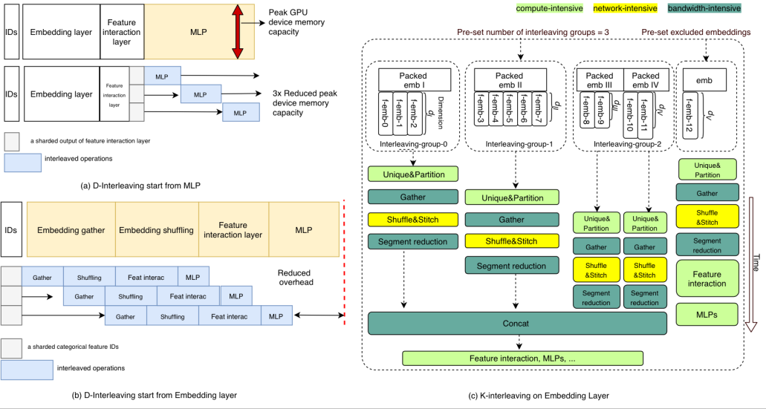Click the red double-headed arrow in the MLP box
pyautogui.click(x=238, y=31)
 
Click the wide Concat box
pyautogui.click(x=518, y=324)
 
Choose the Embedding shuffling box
pyautogui.click(x=155, y=230)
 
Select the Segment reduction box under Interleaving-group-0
pyautogui.click(x=413, y=241)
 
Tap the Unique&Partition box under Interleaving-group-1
pyautogui.click(x=511, y=198)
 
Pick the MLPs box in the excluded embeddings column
pyautogui.click(x=707, y=315)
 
